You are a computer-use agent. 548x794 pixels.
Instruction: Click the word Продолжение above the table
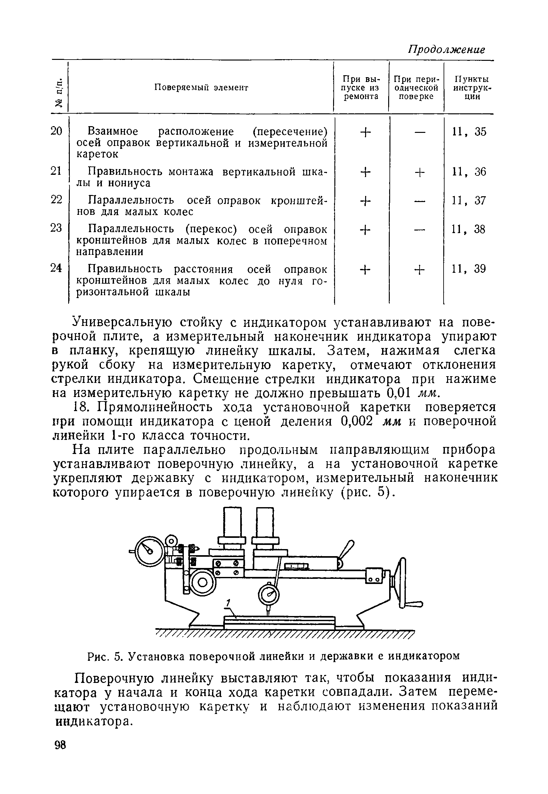coord(446,49)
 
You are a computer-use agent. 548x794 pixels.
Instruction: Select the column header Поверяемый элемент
coord(201,87)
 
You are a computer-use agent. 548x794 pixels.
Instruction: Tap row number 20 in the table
coord(57,131)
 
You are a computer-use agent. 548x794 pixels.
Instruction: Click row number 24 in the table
coord(56,268)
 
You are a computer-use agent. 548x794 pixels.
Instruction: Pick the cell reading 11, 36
coord(469,172)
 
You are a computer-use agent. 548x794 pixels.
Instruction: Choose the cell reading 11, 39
coord(469,269)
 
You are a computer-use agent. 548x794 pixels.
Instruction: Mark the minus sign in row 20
coord(420,132)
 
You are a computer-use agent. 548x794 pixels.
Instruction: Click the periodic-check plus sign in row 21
coord(419,172)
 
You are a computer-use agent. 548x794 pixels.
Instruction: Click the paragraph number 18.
coord(81,407)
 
